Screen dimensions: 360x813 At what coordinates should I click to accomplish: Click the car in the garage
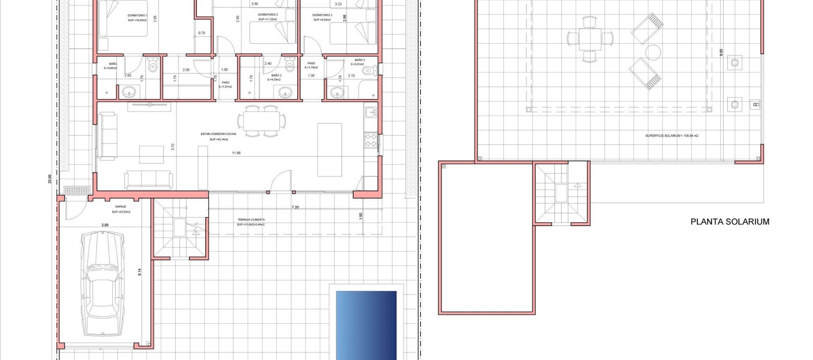[x=102, y=284]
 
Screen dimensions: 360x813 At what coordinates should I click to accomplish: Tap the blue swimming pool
[x=366, y=324]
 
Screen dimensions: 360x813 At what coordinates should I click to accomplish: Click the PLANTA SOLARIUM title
[x=730, y=222]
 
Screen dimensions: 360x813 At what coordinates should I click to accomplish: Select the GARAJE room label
[x=120, y=207]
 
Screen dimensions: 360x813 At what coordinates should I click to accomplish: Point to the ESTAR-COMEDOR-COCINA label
[x=218, y=134]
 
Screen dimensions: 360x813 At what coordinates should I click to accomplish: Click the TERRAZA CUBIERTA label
[x=251, y=220]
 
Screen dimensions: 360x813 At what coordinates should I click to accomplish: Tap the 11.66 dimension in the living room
[x=236, y=153]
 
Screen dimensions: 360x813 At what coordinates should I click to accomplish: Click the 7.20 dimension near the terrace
[x=295, y=207]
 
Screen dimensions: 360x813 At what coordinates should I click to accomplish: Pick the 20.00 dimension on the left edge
[x=50, y=179]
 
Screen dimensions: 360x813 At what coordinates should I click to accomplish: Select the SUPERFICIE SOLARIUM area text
[x=672, y=136]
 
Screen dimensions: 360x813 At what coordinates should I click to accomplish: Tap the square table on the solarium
[x=590, y=39]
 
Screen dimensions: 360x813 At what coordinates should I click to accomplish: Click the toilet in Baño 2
[x=290, y=65]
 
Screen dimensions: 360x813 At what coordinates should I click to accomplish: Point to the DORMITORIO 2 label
[x=268, y=15]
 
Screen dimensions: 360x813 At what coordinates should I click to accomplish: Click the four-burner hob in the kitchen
[x=371, y=140]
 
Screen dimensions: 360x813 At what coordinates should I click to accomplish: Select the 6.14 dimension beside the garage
[x=140, y=272]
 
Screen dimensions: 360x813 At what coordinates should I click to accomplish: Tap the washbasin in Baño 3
[x=337, y=92]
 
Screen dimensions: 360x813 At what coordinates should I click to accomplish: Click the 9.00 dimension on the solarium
[x=721, y=52]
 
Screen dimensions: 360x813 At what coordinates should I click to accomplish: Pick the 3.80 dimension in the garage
[x=105, y=225]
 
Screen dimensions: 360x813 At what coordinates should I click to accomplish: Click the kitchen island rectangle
[x=329, y=150]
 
